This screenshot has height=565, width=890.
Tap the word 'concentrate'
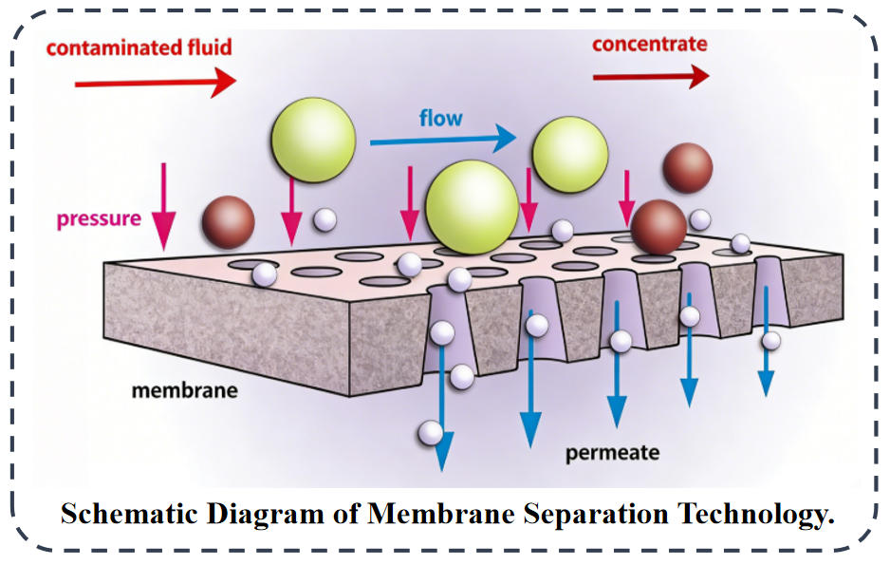click(x=649, y=44)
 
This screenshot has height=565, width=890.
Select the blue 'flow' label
click(x=440, y=119)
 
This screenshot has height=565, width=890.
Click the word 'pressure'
click(x=99, y=218)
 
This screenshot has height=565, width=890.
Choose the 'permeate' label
click(x=612, y=452)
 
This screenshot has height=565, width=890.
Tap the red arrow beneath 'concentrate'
click(x=651, y=76)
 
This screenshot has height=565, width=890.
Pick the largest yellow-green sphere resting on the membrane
click(x=472, y=207)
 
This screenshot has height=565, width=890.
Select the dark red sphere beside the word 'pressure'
click(x=228, y=222)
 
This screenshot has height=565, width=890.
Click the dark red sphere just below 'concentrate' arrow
click(x=687, y=168)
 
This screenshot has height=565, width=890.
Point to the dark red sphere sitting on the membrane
click(x=658, y=228)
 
